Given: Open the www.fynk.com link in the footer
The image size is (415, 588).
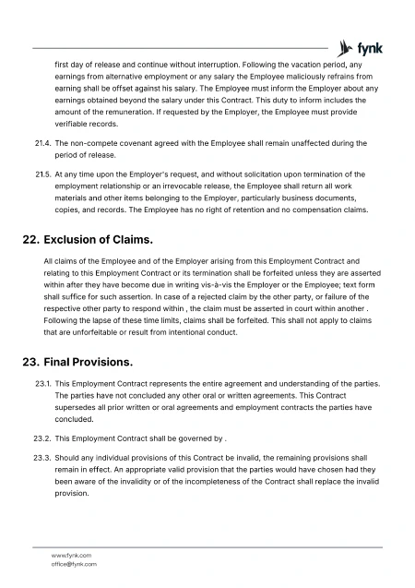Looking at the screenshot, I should click(x=71, y=555).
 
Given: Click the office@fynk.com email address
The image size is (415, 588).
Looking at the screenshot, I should click(x=74, y=563).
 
